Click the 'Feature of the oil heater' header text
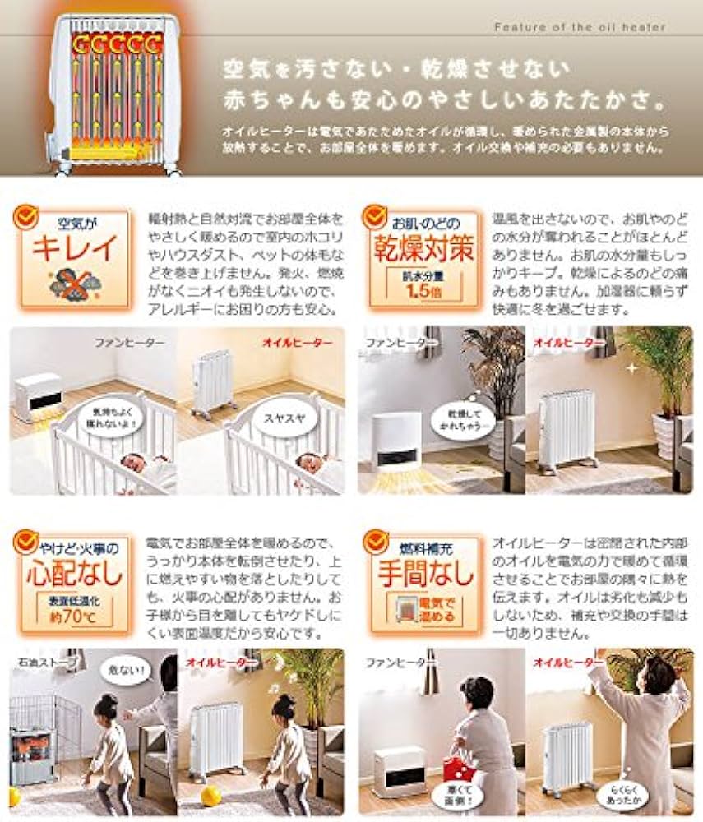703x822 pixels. tap(580, 27)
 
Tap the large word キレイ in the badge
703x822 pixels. tap(74, 247)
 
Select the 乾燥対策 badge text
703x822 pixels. tap(423, 247)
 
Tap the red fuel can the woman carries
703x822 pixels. tap(456, 768)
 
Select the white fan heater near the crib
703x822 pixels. tap(39, 397)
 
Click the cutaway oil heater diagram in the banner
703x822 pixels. tap(115, 92)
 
